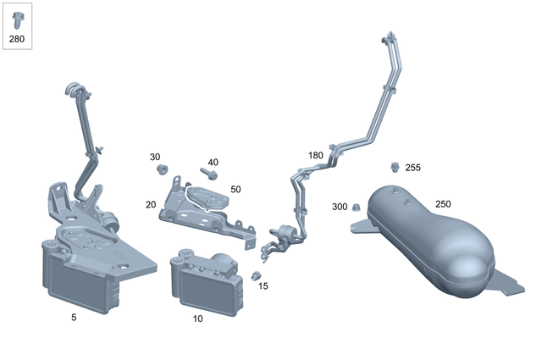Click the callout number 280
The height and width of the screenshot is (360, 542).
(17, 39)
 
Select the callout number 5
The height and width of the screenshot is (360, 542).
(75, 317)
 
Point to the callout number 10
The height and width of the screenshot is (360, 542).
(197, 319)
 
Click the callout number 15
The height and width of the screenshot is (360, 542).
(263, 286)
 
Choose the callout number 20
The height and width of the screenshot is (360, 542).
(150, 205)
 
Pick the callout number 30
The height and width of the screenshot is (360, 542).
(155, 158)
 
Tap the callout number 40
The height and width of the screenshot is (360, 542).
(213, 163)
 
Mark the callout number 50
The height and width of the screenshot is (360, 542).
(235, 190)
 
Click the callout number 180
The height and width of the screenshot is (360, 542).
(315, 156)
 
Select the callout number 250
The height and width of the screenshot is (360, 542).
(443, 204)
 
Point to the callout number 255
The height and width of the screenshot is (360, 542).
(412, 168)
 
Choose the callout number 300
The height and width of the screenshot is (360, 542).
(340, 207)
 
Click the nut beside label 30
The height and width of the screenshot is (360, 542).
(161, 170)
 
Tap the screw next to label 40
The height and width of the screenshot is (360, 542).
(208, 175)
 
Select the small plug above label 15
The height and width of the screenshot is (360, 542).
(255, 275)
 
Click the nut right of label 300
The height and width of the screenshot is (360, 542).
(357, 208)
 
